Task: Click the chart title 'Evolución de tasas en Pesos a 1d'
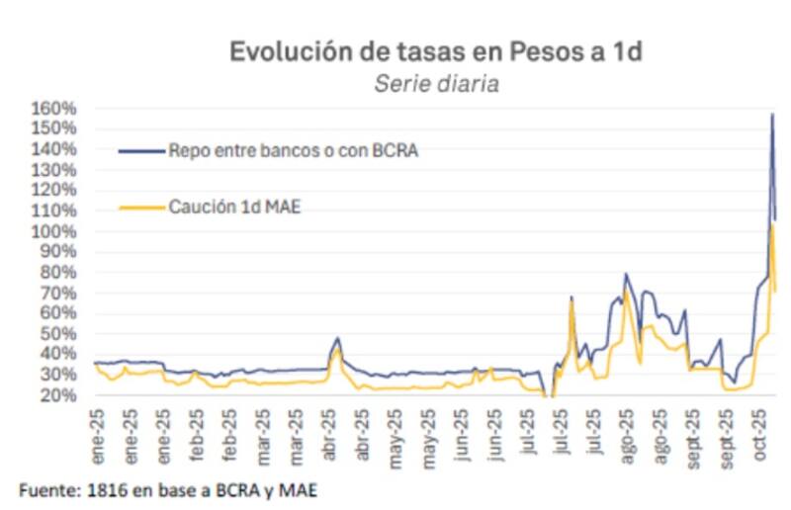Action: tap(436, 51)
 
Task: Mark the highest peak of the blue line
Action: tap(772, 115)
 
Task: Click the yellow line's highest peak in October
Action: tap(772, 225)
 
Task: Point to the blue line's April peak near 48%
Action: tap(337, 338)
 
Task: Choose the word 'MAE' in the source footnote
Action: tap(300, 488)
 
